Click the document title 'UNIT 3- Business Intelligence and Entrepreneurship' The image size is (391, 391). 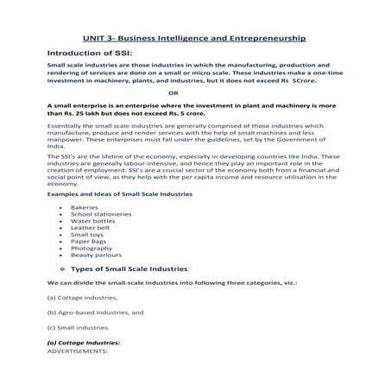[x=194, y=40]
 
